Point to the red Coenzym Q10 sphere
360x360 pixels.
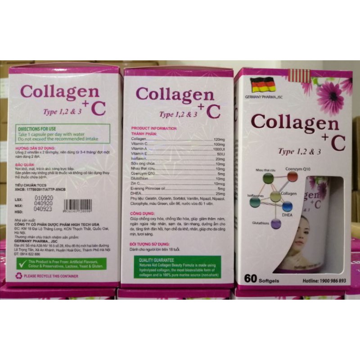[292, 177]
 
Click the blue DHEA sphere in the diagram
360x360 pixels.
[288, 207]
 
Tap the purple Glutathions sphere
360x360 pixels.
[276, 223]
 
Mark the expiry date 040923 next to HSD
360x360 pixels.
[46, 209]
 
